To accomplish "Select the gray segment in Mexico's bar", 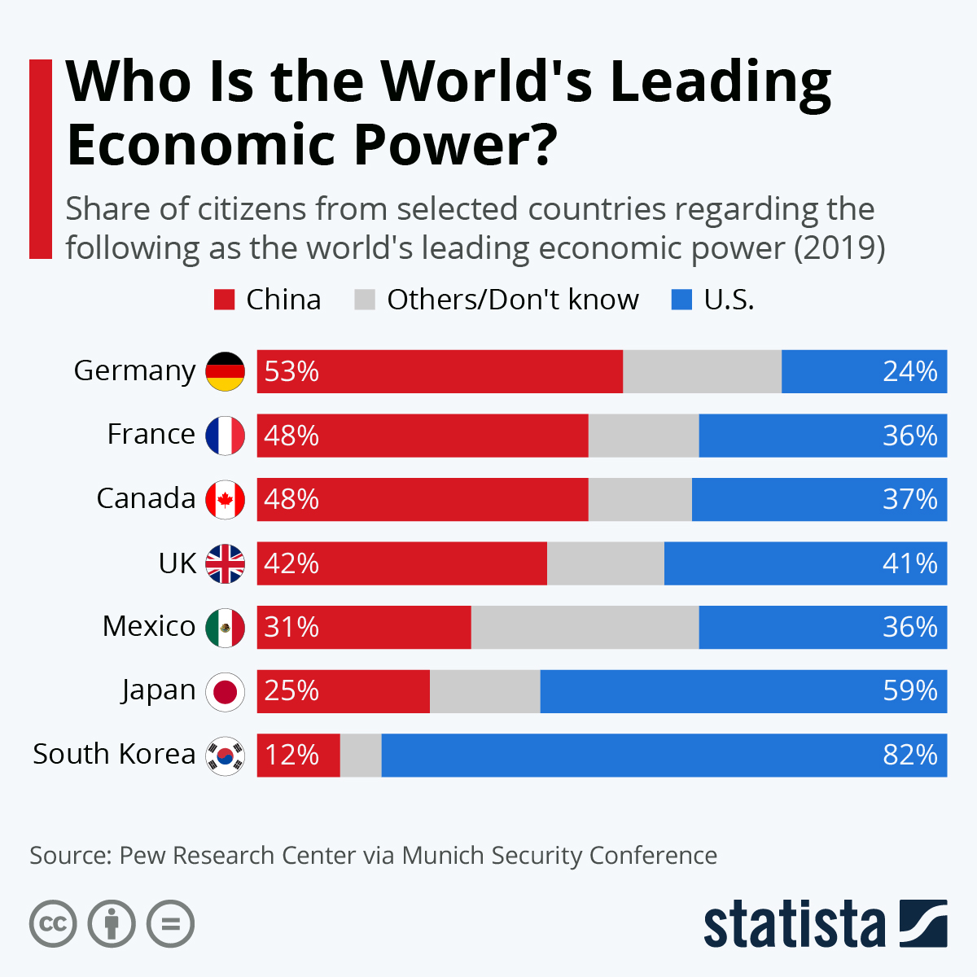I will click(585, 627).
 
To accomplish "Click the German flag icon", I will click(225, 371).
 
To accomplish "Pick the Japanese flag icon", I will click(225, 692).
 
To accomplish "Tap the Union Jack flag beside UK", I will click(225, 563).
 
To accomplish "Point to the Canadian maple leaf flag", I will click(225, 499).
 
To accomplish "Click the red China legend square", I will click(225, 300).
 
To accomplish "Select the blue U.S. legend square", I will click(681, 300).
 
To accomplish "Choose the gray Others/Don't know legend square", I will click(365, 300).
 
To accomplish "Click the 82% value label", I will click(910, 755).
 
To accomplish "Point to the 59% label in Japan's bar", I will click(910, 691).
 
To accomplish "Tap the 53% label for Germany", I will click(291, 371).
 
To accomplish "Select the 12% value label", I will click(291, 755).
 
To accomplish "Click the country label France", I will click(151, 434).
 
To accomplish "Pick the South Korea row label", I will click(114, 754).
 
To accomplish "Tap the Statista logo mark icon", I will click(923, 923).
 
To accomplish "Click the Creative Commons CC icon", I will click(53, 924).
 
